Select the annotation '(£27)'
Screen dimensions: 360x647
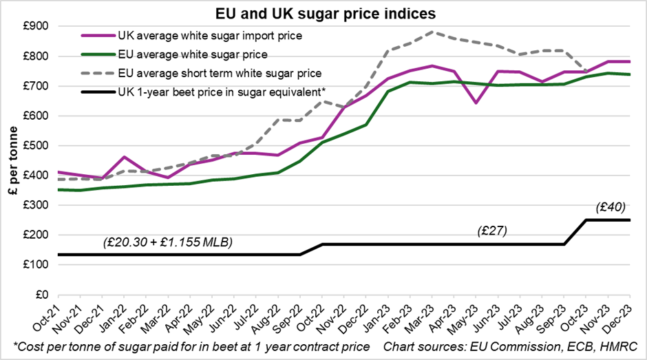pos(492,231)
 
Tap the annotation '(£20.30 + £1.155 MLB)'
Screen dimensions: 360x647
pos(168,242)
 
